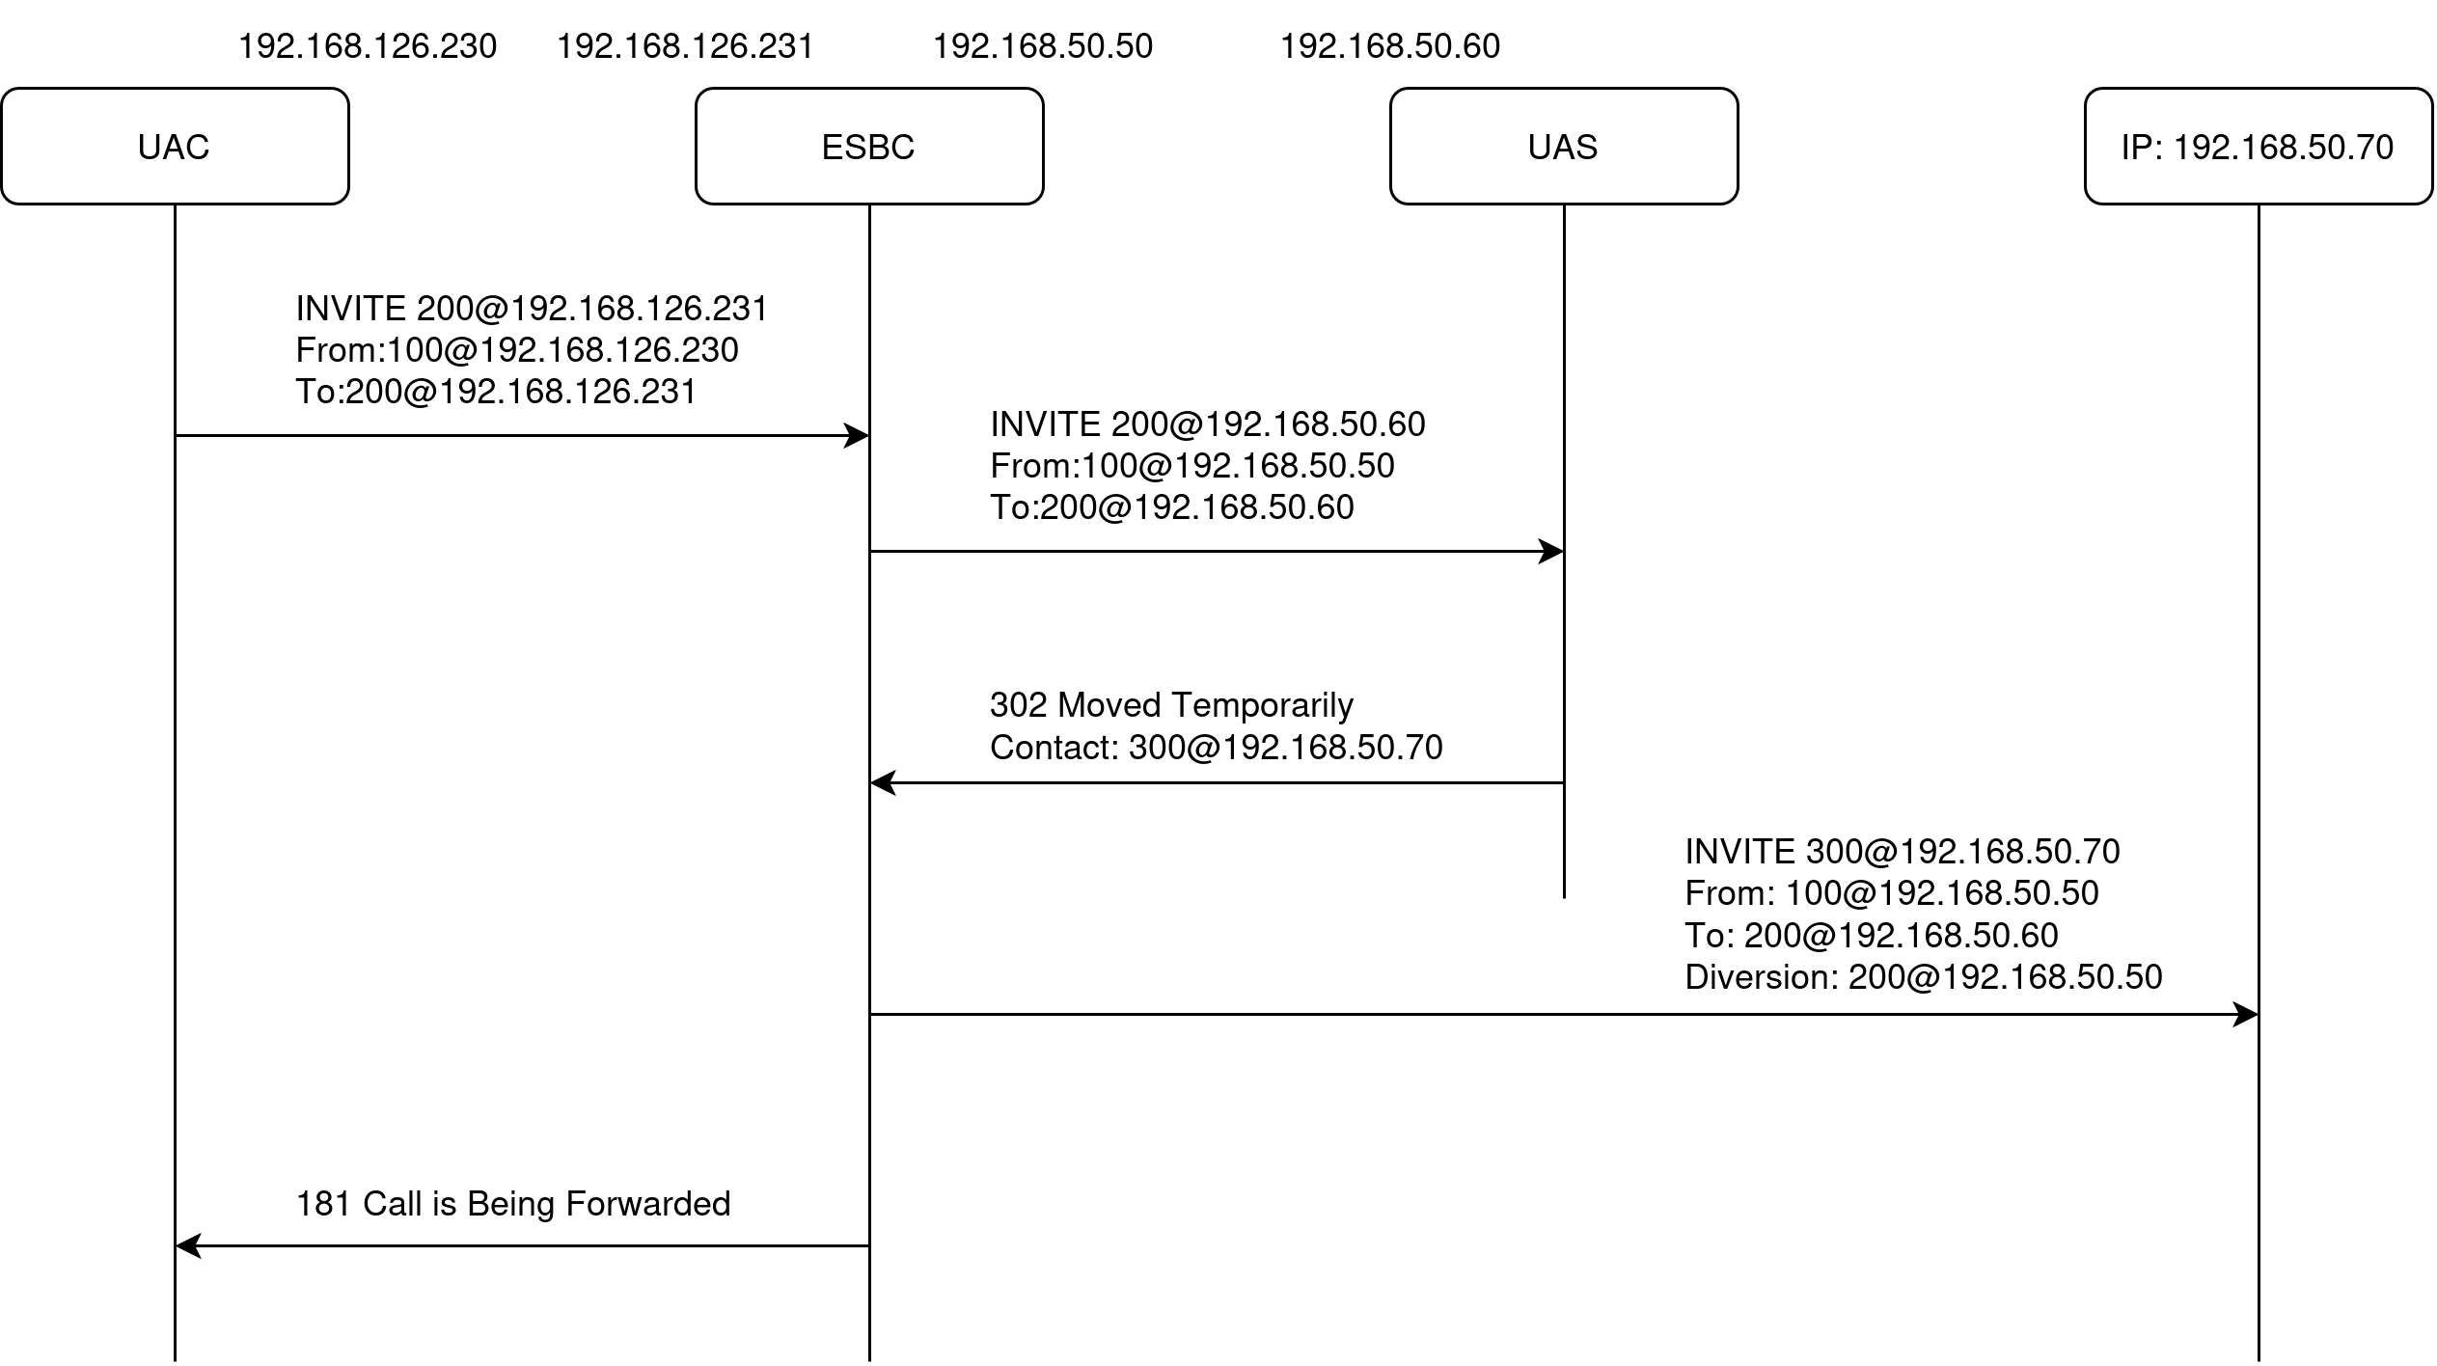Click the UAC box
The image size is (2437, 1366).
click(175, 147)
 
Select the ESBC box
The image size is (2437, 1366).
click(868, 147)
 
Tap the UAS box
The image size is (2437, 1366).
click(1563, 147)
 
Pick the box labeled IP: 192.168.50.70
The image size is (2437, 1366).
click(2258, 147)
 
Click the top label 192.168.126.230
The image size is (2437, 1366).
click(368, 46)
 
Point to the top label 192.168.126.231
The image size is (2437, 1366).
click(686, 46)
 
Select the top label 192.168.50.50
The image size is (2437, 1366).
click(1043, 46)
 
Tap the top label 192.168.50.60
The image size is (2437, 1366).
click(1390, 46)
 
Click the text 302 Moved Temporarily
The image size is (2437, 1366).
click(1171, 705)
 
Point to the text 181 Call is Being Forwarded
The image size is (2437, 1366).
click(513, 1204)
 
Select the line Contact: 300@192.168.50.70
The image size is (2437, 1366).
click(1216, 748)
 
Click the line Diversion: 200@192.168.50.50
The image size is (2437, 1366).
click(1924, 977)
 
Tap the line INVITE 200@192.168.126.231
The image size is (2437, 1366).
click(532, 309)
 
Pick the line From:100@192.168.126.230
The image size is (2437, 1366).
click(517, 350)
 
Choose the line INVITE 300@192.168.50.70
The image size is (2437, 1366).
click(1903, 852)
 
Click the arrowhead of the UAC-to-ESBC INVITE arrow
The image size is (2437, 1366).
click(858, 436)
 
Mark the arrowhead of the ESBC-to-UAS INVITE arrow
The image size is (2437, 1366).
click(1552, 552)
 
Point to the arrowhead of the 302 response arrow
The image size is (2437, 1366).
click(882, 783)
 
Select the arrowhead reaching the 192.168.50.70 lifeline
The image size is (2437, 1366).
click(2247, 1015)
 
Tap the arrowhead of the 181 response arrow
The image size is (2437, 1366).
click(187, 1246)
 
